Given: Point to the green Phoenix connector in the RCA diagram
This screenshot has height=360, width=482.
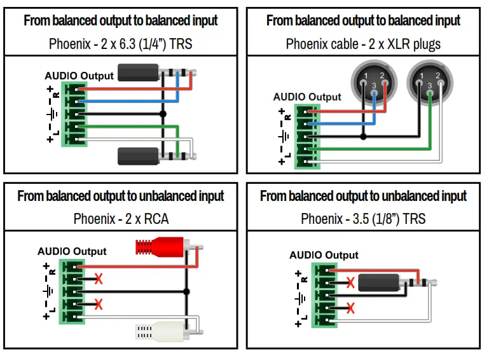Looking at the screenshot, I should (x=71, y=291).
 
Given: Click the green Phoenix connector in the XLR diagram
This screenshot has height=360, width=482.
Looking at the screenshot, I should (x=306, y=136).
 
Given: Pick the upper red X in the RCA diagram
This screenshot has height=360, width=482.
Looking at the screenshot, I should (x=98, y=279).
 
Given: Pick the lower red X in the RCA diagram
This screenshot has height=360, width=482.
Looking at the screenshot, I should (x=98, y=304).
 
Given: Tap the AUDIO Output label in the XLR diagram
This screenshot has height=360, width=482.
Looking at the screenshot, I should (x=307, y=97).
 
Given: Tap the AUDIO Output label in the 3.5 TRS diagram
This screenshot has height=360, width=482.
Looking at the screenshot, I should (x=324, y=255).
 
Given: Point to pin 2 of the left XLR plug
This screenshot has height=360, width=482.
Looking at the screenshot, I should (x=382, y=77).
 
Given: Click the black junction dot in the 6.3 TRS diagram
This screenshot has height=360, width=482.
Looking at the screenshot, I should (x=163, y=114).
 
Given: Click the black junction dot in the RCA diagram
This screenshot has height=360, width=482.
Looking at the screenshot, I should (x=186, y=292).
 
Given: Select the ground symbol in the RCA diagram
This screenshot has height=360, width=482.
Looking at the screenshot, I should (x=48, y=291).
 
